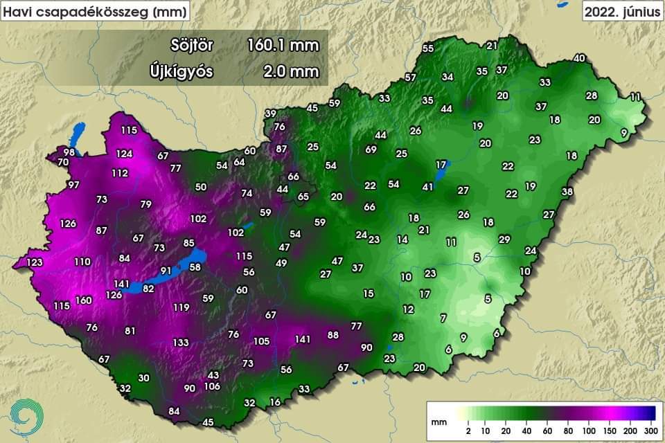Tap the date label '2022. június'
(x=621, y=11)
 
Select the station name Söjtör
(x=192, y=46)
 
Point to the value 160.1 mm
(x=283, y=46)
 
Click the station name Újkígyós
(x=181, y=71)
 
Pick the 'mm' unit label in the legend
(x=438, y=421)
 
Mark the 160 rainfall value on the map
(x=84, y=300)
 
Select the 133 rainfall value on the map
(x=181, y=342)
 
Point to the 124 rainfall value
(x=124, y=154)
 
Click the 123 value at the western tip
(x=35, y=262)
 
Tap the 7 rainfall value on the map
(x=443, y=318)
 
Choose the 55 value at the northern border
(x=428, y=48)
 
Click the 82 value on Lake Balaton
(x=148, y=288)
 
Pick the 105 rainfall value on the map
(x=261, y=341)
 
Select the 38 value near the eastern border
(x=567, y=191)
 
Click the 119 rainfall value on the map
(x=181, y=307)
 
